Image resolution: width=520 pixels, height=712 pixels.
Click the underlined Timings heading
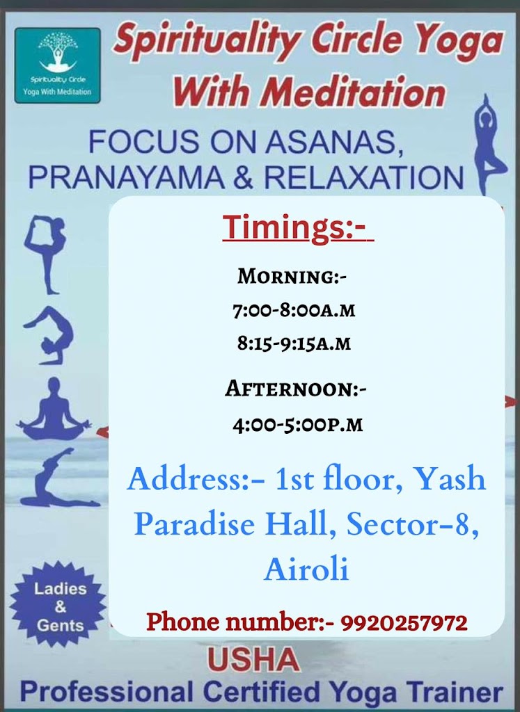[298, 228]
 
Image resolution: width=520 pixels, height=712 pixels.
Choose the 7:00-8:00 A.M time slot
[293, 310]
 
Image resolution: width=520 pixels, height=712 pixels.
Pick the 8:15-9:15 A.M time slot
[293, 343]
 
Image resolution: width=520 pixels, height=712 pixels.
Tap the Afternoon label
[295, 389]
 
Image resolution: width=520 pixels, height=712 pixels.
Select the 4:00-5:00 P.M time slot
[297, 423]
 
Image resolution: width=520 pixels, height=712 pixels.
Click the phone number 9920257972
[404, 622]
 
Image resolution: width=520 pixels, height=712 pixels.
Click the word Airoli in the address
[306, 570]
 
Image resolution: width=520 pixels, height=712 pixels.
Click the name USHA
[254, 661]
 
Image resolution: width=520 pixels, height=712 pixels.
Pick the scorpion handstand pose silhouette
[49, 334]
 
